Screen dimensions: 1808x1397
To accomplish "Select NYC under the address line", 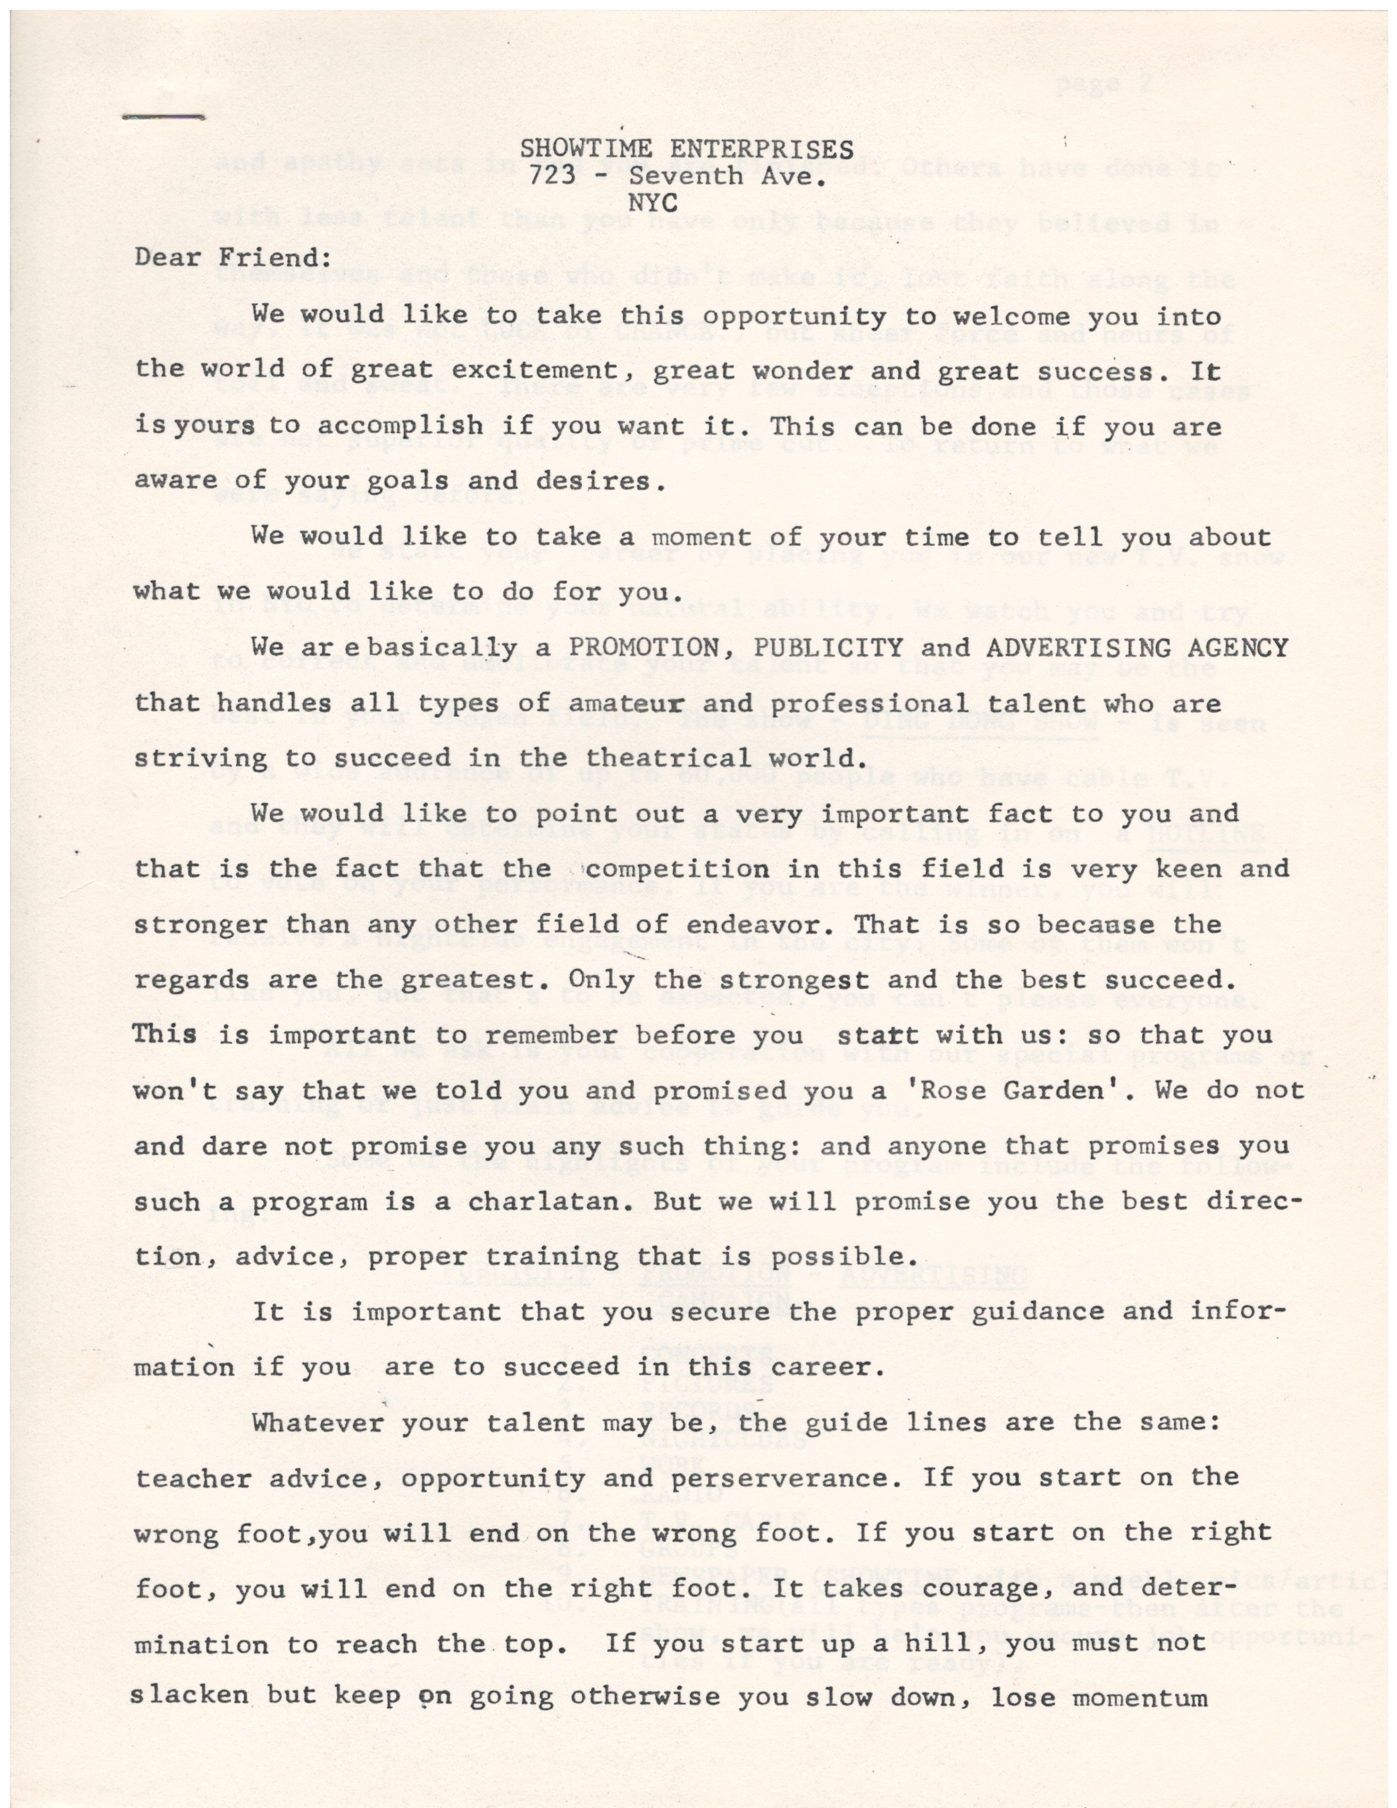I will [652, 203].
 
